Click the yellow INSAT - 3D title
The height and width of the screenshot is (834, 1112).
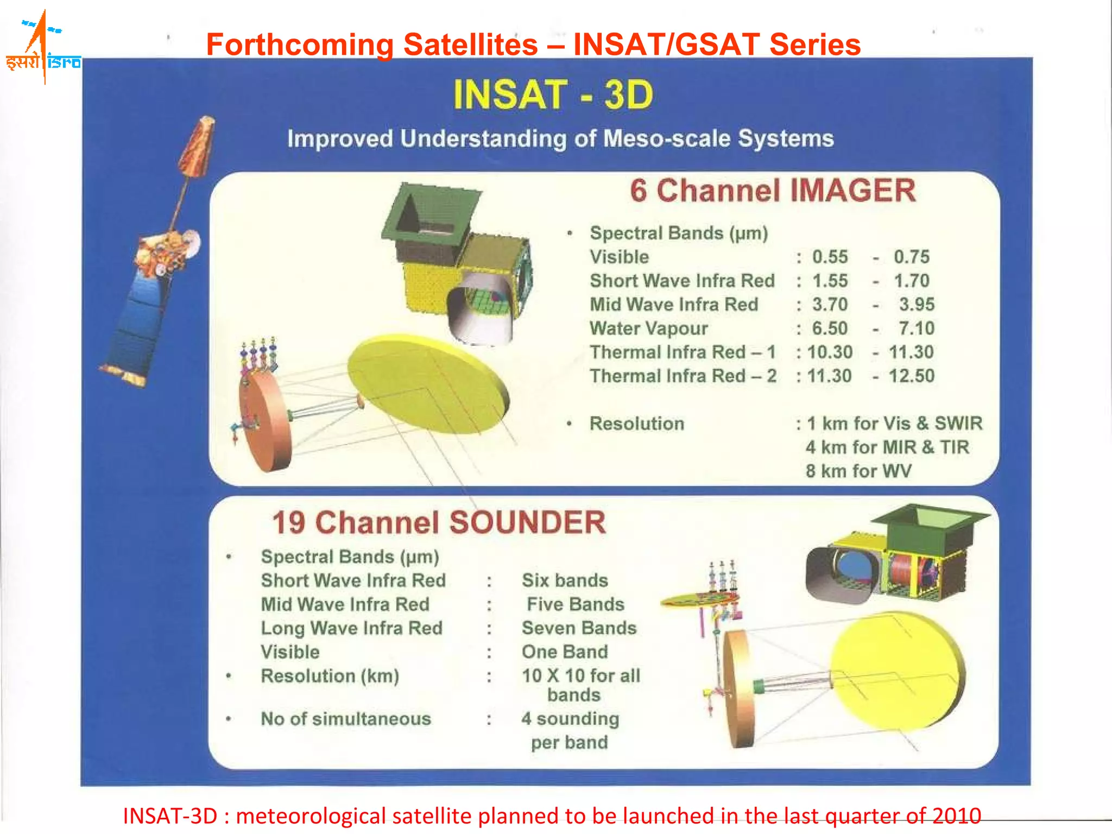(553, 95)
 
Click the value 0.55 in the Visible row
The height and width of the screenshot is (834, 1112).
(830, 257)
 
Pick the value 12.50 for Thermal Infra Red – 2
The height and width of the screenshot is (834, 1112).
(911, 376)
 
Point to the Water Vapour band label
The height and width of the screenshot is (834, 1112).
(648, 328)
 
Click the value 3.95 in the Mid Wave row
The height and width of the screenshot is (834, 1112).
(917, 305)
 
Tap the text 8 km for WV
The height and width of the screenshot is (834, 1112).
(858, 471)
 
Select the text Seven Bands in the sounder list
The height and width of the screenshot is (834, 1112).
(579, 628)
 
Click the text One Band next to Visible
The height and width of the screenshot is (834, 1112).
(565, 652)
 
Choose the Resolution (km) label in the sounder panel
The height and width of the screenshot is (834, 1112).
(330, 676)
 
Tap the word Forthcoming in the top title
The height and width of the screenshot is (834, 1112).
(300, 45)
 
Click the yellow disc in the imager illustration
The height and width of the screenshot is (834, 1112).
(429, 383)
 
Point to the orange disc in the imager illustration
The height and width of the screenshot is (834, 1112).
(264, 421)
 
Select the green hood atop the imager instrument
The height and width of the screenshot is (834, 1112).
(429, 214)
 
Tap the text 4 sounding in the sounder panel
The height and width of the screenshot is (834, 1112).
(570, 719)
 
